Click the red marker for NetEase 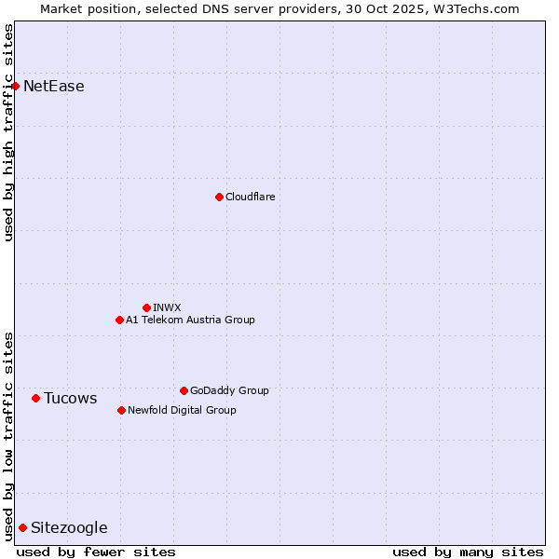[x=15, y=87]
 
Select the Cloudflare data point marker [x=219, y=197]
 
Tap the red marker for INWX [x=146, y=307]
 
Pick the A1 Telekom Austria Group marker [x=119, y=320]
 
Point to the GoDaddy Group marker [x=184, y=390]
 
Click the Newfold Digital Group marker [x=121, y=410]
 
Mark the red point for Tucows [x=35, y=398]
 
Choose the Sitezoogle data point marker [x=22, y=527]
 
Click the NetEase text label [x=54, y=87]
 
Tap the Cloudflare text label [x=250, y=197]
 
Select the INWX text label [x=167, y=307]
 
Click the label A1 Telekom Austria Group [x=190, y=320]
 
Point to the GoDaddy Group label [x=229, y=390]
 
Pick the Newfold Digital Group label [x=182, y=410]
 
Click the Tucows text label [x=71, y=399]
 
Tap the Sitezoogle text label [x=69, y=528]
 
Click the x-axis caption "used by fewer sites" [x=96, y=552]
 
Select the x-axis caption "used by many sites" [x=468, y=552]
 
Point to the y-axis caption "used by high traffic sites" [x=9, y=132]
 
